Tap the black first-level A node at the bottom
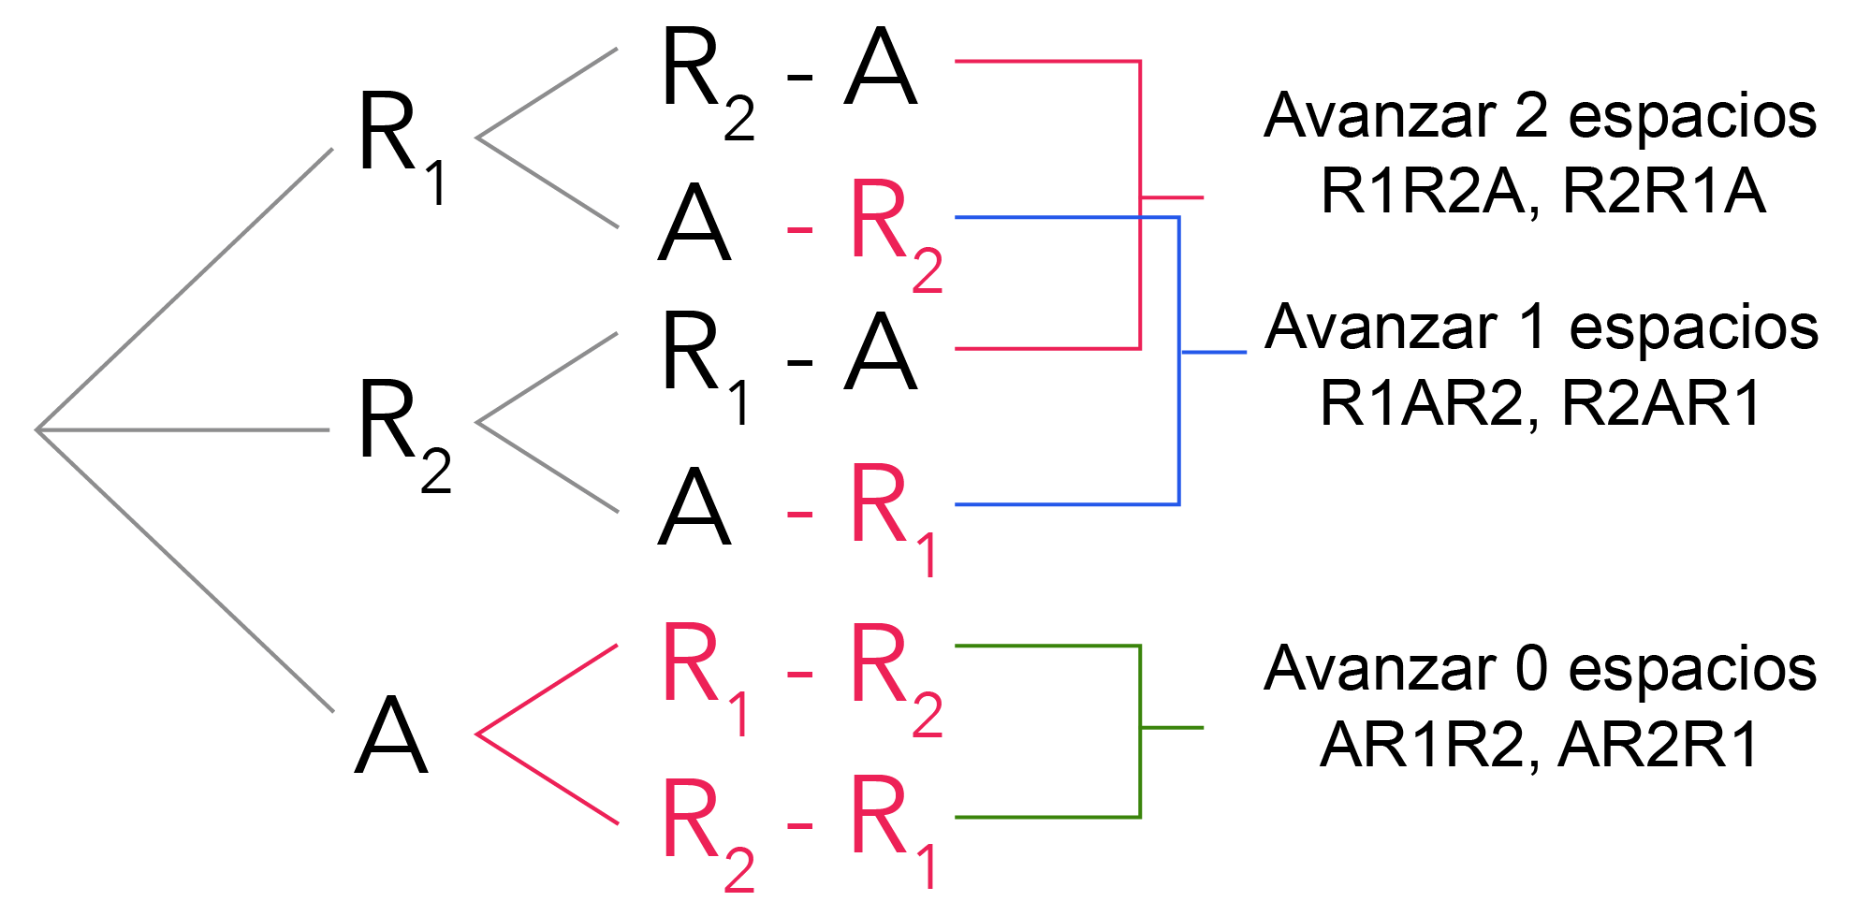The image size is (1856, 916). pos(391,736)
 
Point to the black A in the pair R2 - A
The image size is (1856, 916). pos(880,70)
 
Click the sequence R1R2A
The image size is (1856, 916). pos(1423,192)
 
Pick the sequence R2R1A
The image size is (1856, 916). pos(1664,192)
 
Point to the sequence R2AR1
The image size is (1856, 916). pos(1662,404)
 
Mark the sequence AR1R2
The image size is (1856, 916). pos(1423,746)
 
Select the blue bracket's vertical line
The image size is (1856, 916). pos(1178,421)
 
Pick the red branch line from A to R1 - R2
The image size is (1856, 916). pos(548,690)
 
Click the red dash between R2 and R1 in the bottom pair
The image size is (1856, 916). pos(799,826)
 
